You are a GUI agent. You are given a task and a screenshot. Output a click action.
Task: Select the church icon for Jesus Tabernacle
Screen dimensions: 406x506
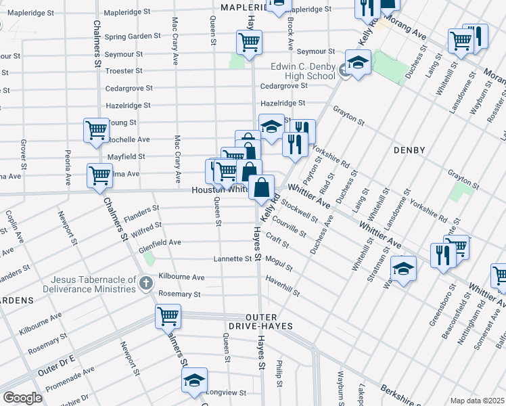(x=146, y=283)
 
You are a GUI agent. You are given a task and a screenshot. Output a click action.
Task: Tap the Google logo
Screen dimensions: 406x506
(x=22, y=397)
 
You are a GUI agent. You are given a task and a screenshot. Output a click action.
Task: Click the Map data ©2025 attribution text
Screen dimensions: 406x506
(x=477, y=401)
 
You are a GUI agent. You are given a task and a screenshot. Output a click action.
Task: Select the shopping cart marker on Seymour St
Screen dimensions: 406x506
(x=249, y=42)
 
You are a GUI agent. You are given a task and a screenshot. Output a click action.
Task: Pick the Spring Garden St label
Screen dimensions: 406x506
(x=133, y=36)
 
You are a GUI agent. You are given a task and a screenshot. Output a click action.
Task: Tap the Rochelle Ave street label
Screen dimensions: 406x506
(x=129, y=139)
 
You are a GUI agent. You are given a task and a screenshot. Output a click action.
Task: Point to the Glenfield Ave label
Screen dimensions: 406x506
(x=160, y=242)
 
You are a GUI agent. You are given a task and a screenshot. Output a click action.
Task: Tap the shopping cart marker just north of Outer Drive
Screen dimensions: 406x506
(x=168, y=315)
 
